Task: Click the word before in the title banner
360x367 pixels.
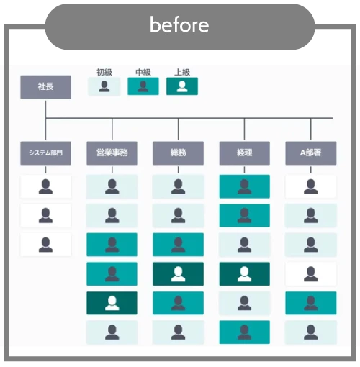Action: point(179,24)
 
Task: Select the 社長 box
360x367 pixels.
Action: point(45,87)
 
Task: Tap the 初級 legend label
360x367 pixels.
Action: point(104,72)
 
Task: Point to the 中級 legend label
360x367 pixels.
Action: point(143,72)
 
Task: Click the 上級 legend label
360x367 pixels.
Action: point(182,72)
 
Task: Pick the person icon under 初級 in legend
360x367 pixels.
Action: point(104,86)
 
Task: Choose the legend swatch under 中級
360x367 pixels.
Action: point(143,86)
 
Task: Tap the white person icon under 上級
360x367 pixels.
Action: point(182,86)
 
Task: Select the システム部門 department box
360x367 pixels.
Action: point(45,153)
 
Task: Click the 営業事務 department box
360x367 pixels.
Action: point(112,153)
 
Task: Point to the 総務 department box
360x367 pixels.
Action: point(178,153)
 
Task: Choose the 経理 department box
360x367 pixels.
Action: point(245,153)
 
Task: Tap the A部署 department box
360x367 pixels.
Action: point(311,153)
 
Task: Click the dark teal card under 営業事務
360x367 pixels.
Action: point(112,303)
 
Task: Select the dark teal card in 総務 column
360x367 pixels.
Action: point(178,274)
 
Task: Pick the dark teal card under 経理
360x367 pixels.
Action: point(245,274)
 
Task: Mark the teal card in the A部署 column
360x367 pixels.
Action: point(311,303)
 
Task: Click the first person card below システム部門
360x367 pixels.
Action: point(45,186)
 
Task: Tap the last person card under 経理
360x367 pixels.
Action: point(245,332)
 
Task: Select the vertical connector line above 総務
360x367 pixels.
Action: point(178,129)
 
